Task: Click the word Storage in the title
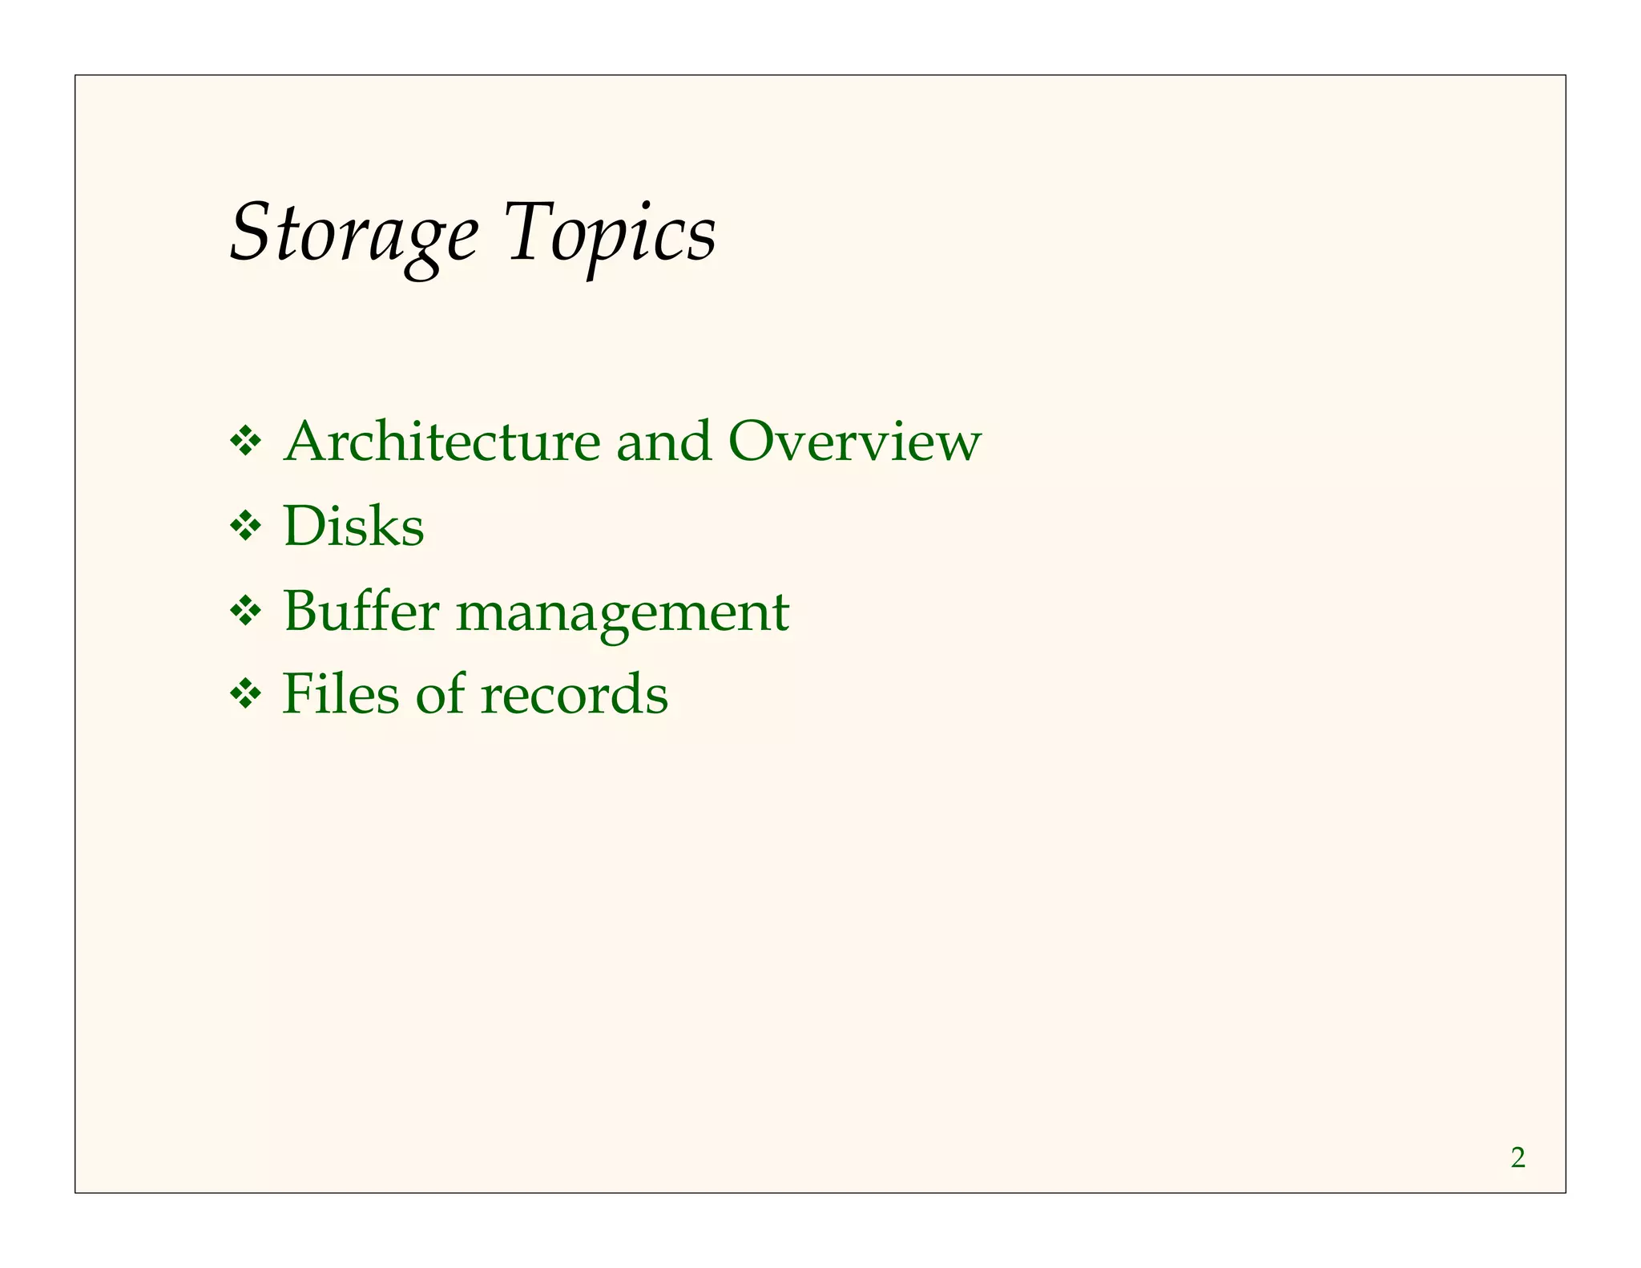pyautogui.click(x=353, y=233)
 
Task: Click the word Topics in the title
pyautogui.click(x=611, y=233)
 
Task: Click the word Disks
pyautogui.click(x=353, y=527)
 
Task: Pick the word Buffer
pyautogui.click(x=361, y=611)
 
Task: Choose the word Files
pyautogui.click(x=341, y=693)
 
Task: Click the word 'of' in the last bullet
pyautogui.click(x=440, y=693)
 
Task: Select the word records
pyautogui.click(x=574, y=693)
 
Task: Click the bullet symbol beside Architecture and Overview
pyautogui.click(x=245, y=442)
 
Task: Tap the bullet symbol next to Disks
pyautogui.click(x=245, y=527)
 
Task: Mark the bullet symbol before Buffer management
pyautogui.click(x=245, y=612)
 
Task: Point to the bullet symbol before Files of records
pyautogui.click(x=245, y=694)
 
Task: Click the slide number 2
pyautogui.click(x=1518, y=1158)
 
